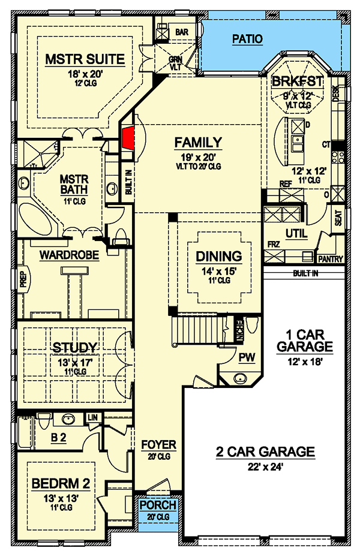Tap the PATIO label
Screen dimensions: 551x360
(247, 40)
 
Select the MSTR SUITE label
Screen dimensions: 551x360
(85, 59)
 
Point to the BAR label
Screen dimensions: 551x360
(182, 31)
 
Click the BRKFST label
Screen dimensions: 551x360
(298, 82)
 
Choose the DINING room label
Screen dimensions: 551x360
(219, 256)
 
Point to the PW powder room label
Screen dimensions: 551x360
(247, 358)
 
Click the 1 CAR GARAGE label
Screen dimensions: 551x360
(305, 340)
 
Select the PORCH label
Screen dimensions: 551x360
(158, 505)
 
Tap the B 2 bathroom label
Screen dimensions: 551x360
(58, 438)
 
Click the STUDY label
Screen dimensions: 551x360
(74, 348)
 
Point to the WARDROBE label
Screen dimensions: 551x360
(69, 255)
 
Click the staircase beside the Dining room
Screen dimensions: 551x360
(198, 330)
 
